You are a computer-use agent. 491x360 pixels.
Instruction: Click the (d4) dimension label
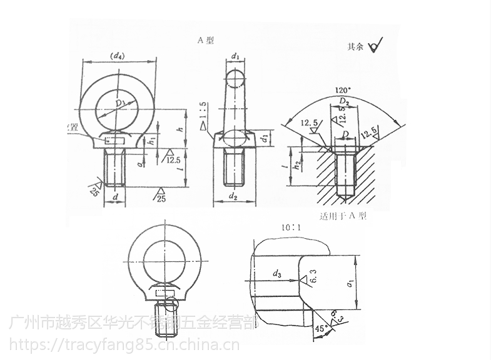(117, 57)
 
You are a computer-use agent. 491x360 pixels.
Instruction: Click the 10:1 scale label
(290, 227)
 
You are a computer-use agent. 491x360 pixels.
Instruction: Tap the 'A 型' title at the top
(206, 40)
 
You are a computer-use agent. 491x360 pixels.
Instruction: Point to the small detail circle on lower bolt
(170, 306)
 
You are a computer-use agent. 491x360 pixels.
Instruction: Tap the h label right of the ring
(180, 129)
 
